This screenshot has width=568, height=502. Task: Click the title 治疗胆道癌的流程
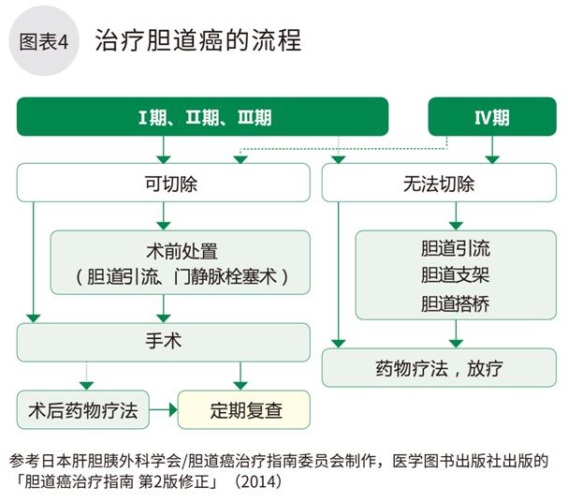click(x=197, y=42)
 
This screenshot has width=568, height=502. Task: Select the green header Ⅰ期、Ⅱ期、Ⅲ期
click(x=202, y=117)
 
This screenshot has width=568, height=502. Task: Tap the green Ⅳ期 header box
click(x=491, y=117)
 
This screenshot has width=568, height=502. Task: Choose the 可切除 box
click(x=165, y=183)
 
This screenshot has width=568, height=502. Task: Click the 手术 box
click(x=165, y=341)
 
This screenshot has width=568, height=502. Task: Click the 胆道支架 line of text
click(x=456, y=276)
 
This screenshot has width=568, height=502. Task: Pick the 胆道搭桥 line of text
click(x=456, y=303)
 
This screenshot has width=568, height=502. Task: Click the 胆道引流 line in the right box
click(x=456, y=249)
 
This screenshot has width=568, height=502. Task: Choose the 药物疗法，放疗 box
click(x=439, y=367)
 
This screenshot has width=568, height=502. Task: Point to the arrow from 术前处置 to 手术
click(x=165, y=308)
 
